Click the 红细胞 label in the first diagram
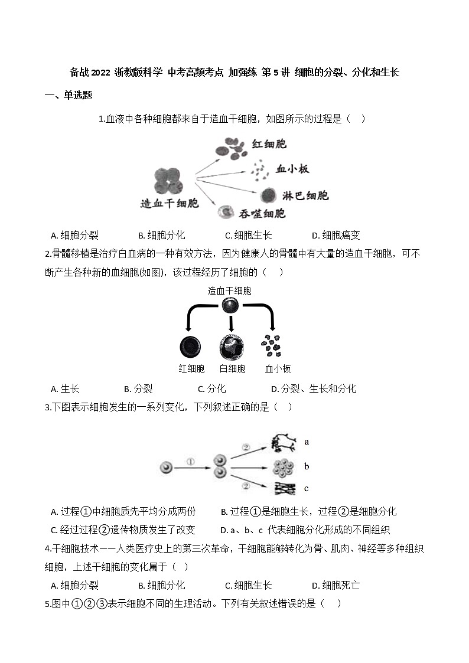pos(269,143)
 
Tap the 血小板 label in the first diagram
pos(292,169)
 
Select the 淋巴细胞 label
pos(305,195)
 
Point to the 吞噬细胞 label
pos(262,214)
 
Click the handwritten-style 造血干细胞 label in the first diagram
pos(169,204)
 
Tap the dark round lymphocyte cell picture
pos(269,195)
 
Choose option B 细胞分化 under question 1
pos(161,235)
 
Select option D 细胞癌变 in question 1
pos(336,235)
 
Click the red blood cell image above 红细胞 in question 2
pos(191,347)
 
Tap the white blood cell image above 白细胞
pos(232,346)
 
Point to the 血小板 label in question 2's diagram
pos(278,369)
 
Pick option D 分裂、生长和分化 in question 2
pos(313,388)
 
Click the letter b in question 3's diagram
pos(307,466)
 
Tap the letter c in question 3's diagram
pos(307,488)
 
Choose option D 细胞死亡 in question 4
pos(336,585)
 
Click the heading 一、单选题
pos(69,95)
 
